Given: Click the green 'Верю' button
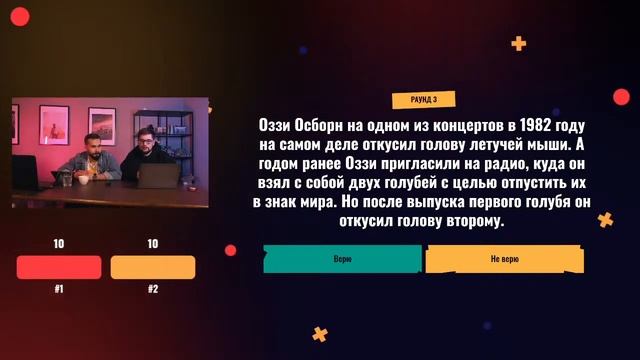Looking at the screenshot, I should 342,258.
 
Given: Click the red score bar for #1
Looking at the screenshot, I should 59,267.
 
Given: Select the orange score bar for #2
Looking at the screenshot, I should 152,267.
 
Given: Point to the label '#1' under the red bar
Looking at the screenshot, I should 59,289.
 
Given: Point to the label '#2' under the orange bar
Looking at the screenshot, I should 152,289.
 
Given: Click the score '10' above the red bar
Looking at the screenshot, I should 59,244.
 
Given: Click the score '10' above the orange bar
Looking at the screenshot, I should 152,244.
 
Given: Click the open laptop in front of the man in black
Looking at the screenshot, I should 157,177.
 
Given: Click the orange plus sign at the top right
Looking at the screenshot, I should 518,43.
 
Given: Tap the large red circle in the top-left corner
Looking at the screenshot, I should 19,14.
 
